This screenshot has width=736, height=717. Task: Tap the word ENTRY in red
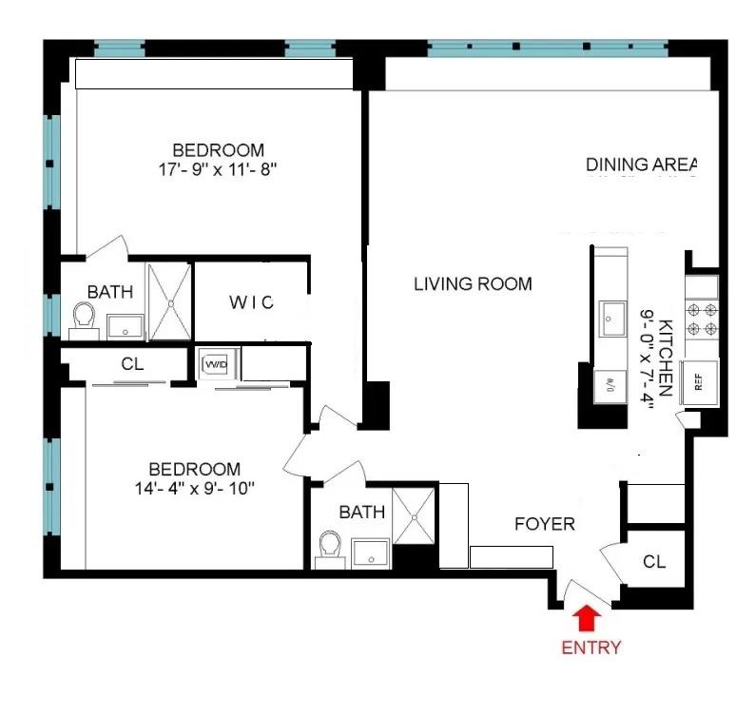point(591,648)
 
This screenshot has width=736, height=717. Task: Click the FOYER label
point(545,524)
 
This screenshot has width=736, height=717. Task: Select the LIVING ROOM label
point(473,283)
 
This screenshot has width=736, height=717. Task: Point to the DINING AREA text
point(642,164)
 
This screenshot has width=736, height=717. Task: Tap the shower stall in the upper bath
point(169,302)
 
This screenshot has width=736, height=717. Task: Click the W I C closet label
point(251,302)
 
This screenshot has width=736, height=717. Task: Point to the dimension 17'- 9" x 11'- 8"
point(218,170)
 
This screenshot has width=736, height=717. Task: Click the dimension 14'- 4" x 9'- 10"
point(194,490)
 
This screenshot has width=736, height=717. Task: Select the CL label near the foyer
point(654,562)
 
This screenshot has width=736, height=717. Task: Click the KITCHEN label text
point(666,357)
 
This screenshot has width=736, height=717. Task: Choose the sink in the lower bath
point(369,552)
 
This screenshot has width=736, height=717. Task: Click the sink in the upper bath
point(125,326)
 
